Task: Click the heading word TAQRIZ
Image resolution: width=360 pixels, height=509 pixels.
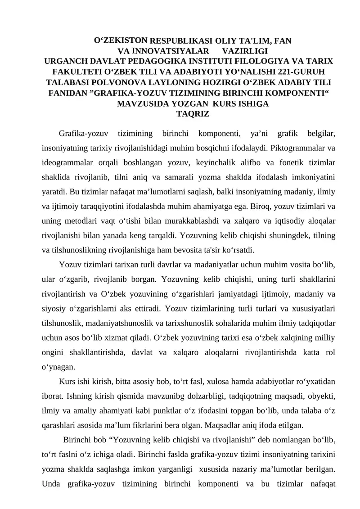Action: tap(193, 114)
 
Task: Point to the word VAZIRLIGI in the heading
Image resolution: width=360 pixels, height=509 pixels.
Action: tap(245, 51)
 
